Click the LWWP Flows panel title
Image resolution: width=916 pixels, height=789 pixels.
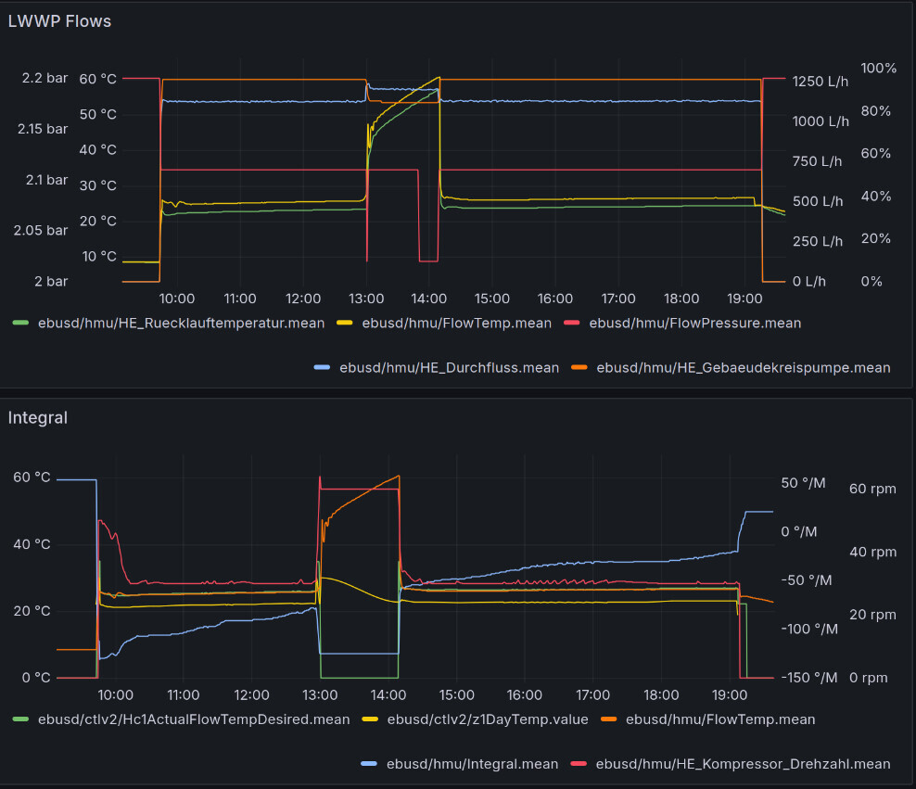pos(59,20)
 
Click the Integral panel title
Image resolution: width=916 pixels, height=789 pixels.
pos(38,417)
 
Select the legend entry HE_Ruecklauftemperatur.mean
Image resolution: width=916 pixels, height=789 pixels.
pos(181,323)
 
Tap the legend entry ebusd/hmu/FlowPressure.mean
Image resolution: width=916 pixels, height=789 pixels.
pos(694,323)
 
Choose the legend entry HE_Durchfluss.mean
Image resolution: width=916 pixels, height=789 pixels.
pos(449,367)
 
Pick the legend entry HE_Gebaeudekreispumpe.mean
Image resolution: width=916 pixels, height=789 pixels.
pos(743,367)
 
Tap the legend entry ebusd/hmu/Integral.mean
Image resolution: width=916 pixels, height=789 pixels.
pos(470,764)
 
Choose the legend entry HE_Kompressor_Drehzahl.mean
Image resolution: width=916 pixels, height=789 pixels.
pos(743,764)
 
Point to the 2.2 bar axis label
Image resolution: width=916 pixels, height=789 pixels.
pos(45,79)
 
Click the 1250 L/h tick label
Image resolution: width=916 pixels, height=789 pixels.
pos(820,81)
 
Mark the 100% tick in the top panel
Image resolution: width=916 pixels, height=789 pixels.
pos(879,68)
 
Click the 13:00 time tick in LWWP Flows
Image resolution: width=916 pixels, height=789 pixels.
pos(366,299)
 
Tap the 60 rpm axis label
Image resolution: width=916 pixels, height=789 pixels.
pos(873,489)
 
